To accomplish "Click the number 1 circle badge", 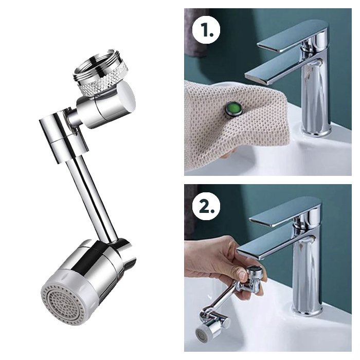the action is tap(206, 30).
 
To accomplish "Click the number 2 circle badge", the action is tap(206, 206).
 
